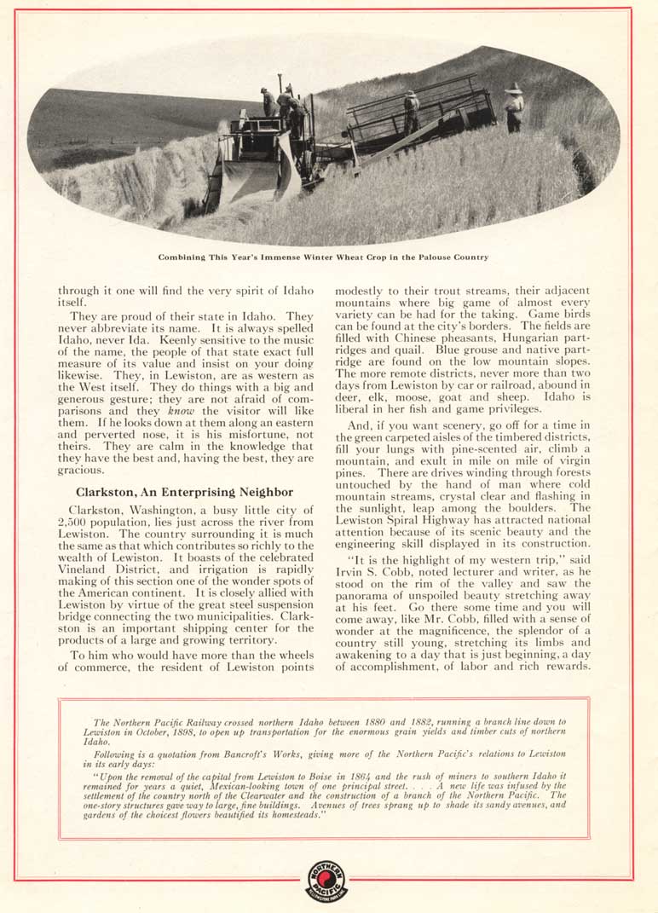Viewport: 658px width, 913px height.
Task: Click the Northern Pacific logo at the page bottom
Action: point(327,881)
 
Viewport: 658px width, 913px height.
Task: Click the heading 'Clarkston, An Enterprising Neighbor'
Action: point(184,492)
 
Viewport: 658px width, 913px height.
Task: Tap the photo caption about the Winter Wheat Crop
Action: point(324,257)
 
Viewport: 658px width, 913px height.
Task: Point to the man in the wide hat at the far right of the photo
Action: point(513,107)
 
